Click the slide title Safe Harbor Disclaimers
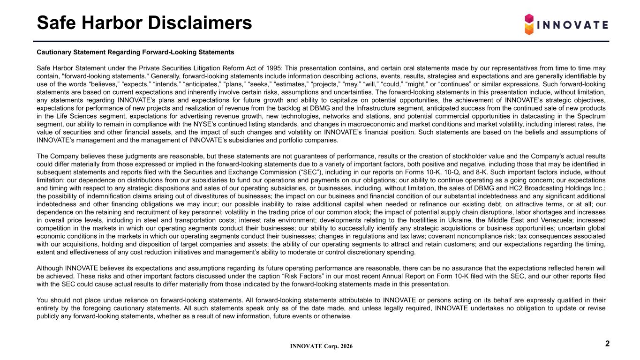pyautogui.click(x=144, y=22)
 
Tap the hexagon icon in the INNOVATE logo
pyautogui.click(x=529, y=24)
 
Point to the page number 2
pyautogui.click(x=607, y=344)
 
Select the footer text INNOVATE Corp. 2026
pyautogui.click(x=322, y=346)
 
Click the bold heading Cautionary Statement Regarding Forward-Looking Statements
pyautogui.click(x=135, y=52)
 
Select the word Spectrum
pyautogui.click(x=592, y=116)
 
